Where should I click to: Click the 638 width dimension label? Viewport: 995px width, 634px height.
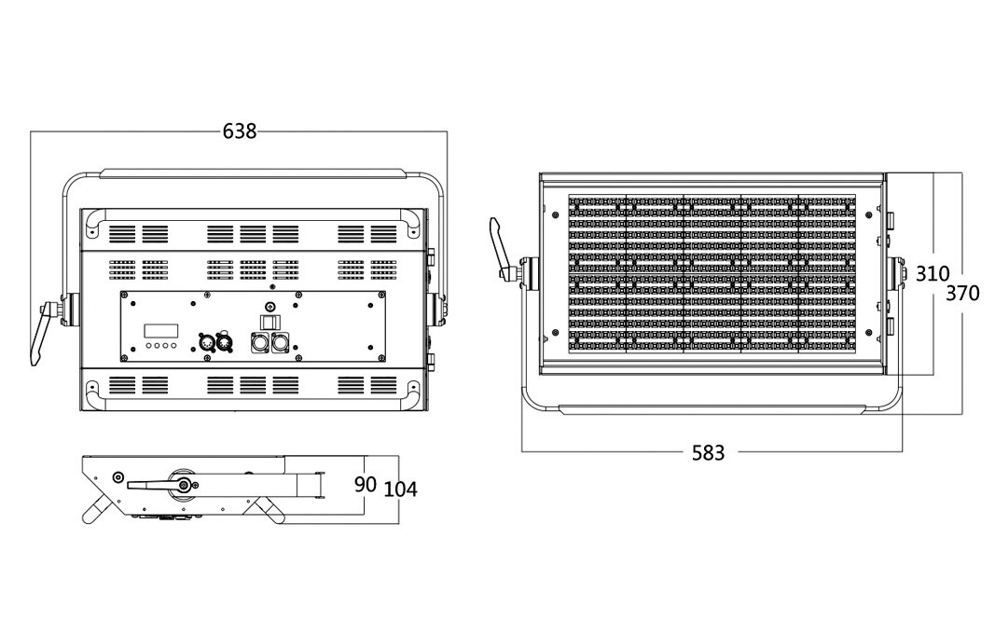coord(240,131)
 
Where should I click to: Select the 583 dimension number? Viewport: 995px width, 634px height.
coord(708,453)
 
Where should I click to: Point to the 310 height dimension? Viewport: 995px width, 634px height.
coord(932,274)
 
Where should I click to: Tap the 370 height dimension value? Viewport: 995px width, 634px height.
coord(962,293)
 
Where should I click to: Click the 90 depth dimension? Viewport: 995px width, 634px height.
coord(366,485)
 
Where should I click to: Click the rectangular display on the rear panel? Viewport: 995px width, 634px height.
coord(160,331)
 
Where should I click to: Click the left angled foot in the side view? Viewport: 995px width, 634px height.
coord(98,511)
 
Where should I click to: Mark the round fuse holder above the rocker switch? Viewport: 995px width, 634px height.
coord(270,308)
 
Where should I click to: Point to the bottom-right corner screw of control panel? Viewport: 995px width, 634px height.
coord(380,357)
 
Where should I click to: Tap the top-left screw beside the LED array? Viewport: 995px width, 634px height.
coord(556,215)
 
